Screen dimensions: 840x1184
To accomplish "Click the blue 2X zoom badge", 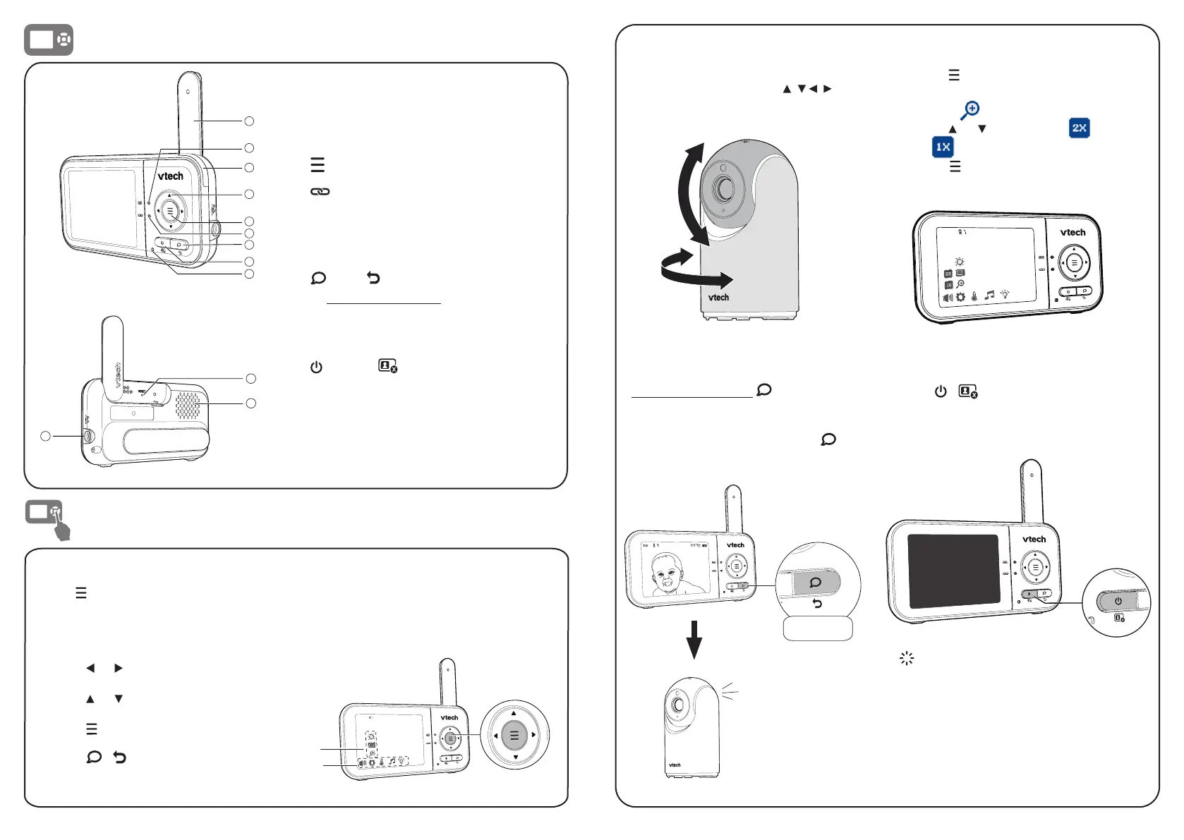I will click(x=1079, y=128).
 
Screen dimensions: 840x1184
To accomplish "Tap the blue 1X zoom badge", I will click(x=943, y=147).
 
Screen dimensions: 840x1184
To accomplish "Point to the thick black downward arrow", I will click(x=694, y=639).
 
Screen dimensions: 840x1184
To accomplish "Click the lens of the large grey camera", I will click(x=724, y=188).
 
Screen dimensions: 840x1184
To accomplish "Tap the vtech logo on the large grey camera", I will click(x=718, y=298).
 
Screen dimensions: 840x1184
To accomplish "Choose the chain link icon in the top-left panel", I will click(x=320, y=192).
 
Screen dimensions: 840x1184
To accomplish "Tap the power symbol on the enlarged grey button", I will click(x=1118, y=602).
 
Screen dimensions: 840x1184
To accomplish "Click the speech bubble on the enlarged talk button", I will click(x=815, y=583).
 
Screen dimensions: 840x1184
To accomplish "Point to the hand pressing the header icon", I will click(x=62, y=529).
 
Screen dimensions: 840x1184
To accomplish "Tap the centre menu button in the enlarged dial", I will click(x=514, y=736).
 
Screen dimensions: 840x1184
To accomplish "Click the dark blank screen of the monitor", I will click(x=953, y=571).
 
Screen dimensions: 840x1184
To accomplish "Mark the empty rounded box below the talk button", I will click(x=818, y=628).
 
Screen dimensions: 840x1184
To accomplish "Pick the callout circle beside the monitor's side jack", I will click(x=45, y=436).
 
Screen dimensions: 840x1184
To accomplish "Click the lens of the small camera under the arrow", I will click(x=678, y=704).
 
